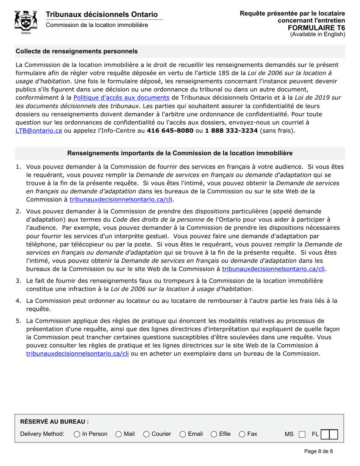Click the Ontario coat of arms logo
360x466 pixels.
[25, 22]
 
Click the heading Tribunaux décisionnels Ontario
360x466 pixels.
[102, 14]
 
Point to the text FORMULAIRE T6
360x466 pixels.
[316, 28]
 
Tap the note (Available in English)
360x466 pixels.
[318, 34]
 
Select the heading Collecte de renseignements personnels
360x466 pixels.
[77, 51]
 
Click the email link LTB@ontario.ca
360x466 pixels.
[38, 130]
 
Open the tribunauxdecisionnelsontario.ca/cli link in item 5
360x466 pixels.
[78, 354]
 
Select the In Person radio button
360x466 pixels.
[77, 434]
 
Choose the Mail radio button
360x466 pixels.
[119, 434]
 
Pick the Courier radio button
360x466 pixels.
[147, 434]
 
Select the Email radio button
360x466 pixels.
[183, 434]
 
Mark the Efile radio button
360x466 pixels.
[214, 434]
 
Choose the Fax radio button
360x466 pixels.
[242, 434]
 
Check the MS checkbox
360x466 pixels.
[302, 434]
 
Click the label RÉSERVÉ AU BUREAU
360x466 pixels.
[55, 421]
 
